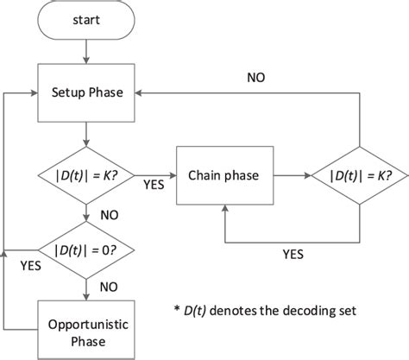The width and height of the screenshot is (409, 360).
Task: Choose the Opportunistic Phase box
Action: click(86, 326)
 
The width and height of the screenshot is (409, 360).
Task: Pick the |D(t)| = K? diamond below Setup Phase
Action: click(86, 175)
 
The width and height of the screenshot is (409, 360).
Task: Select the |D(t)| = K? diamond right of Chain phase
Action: click(358, 175)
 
